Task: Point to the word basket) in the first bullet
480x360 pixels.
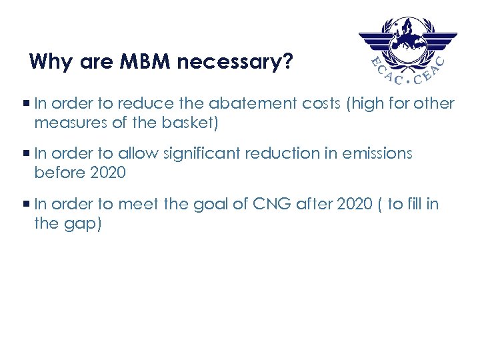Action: [x=194, y=123]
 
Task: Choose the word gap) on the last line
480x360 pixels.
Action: [x=82, y=223]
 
